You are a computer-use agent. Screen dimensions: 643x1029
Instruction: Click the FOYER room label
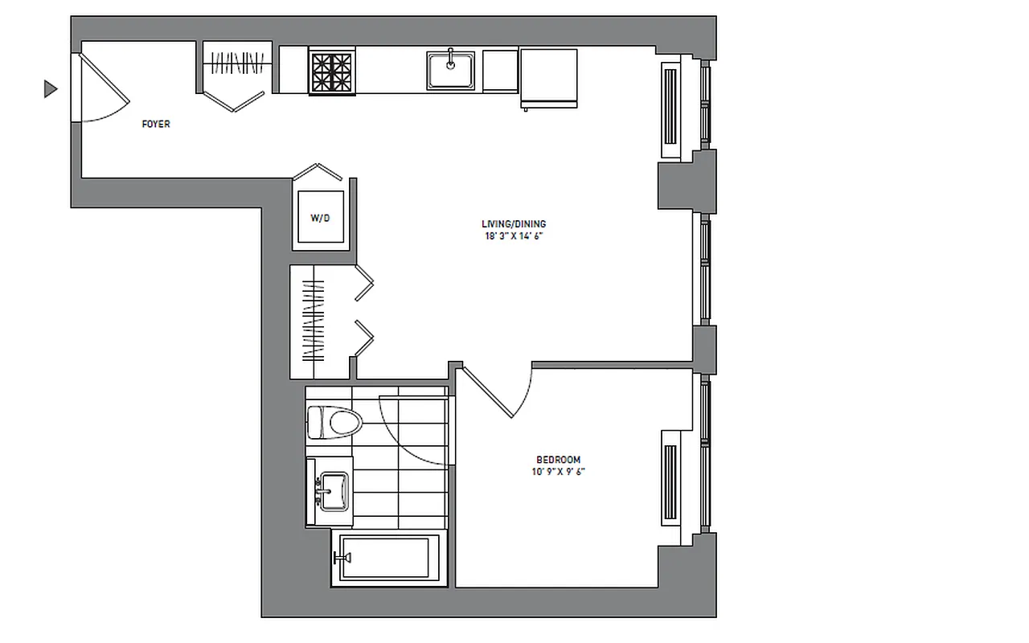pos(155,125)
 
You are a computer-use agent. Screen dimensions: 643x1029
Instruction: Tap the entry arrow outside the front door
pos(51,89)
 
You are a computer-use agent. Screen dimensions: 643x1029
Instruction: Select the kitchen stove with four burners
pos(331,71)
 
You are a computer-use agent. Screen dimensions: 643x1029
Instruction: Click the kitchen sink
pos(450,70)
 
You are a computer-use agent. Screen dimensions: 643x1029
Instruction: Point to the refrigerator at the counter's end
pos(549,76)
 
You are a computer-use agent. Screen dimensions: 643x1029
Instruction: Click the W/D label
pos(320,218)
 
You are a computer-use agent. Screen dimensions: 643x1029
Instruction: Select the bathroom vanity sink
pos(331,490)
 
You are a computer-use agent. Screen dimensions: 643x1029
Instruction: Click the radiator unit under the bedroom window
pos(670,477)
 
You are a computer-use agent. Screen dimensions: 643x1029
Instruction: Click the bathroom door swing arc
pos(410,434)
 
